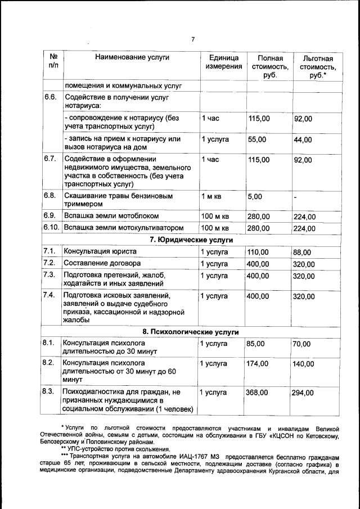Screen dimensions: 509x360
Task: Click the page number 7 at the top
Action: [x=192, y=39]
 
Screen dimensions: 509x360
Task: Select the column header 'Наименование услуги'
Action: [x=132, y=57]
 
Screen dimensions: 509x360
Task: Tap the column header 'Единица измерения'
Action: [x=223, y=62]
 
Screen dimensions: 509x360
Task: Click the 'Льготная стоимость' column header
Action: [x=318, y=67]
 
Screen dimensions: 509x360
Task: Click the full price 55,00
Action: [x=259, y=139]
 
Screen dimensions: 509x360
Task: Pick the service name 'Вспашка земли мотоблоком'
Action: [x=111, y=215]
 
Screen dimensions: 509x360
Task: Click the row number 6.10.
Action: [x=51, y=228]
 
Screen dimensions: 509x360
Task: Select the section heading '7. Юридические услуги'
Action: [x=191, y=240]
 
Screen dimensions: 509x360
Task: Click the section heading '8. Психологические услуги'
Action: [x=191, y=332]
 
